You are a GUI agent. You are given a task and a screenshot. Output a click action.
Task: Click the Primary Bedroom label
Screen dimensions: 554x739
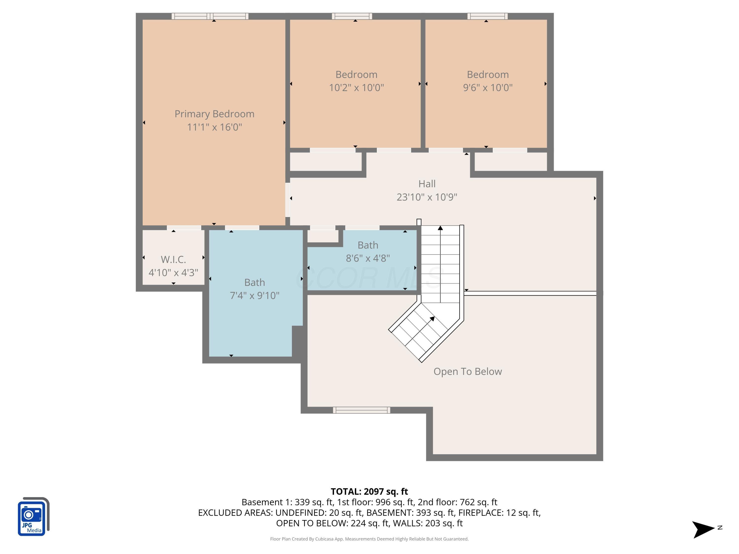pyautogui.click(x=214, y=114)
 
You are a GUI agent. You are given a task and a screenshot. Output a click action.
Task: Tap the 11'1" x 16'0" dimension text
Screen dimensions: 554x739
pyautogui.click(x=214, y=127)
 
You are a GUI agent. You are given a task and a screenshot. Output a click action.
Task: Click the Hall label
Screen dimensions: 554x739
pyautogui.click(x=427, y=184)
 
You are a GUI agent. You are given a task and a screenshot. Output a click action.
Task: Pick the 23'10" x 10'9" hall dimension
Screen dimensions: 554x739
pyautogui.click(x=427, y=197)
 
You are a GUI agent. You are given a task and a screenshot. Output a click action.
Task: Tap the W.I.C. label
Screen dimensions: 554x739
pyautogui.click(x=173, y=260)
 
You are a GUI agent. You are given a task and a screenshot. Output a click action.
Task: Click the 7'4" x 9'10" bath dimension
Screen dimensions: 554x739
pyautogui.click(x=254, y=295)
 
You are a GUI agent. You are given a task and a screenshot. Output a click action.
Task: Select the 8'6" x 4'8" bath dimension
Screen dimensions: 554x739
pyautogui.click(x=368, y=258)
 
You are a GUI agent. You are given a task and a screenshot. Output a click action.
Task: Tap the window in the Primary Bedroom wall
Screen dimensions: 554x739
pyautogui.click(x=210, y=16)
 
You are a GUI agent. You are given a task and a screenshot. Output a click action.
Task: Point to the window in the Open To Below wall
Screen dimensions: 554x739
pyautogui.click(x=361, y=410)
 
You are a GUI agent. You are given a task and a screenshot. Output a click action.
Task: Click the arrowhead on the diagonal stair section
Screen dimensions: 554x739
pyautogui.click(x=432, y=319)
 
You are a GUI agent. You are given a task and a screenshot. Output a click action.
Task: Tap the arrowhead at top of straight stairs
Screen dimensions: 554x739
pyautogui.click(x=440, y=228)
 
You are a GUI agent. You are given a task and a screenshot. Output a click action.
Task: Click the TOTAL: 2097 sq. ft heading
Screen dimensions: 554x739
pyautogui.click(x=369, y=491)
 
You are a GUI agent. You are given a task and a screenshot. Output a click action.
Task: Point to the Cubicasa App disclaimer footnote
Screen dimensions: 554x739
pyautogui.click(x=369, y=539)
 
